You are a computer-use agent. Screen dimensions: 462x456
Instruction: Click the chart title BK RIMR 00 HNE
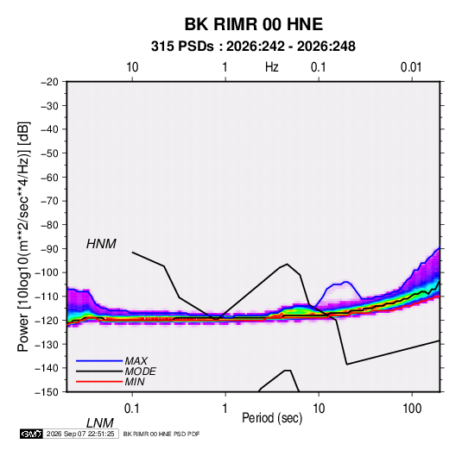pyautogui.click(x=253, y=24)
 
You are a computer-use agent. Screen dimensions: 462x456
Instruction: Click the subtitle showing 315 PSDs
pyautogui.click(x=253, y=47)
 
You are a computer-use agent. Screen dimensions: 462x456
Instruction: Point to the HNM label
pyautogui.click(x=101, y=244)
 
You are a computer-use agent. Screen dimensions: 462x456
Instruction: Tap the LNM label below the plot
pyautogui.click(x=99, y=423)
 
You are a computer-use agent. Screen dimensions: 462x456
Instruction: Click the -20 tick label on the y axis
pyautogui.click(x=49, y=82)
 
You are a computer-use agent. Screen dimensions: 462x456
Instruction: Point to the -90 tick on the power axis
pyautogui.click(x=49, y=248)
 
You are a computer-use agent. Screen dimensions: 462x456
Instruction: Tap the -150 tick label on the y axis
pyautogui.click(x=47, y=392)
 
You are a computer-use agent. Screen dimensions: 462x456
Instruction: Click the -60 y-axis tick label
pyautogui.click(x=49, y=177)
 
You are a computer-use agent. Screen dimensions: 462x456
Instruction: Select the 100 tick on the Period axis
pyautogui.click(x=412, y=409)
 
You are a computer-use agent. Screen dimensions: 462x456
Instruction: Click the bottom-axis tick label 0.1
pyautogui.click(x=132, y=409)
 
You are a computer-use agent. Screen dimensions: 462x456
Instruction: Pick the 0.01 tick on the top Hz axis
pyautogui.click(x=411, y=67)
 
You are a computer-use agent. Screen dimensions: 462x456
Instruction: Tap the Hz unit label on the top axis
pyautogui.click(x=272, y=67)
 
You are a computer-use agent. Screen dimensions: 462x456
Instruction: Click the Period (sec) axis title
pyautogui.click(x=272, y=418)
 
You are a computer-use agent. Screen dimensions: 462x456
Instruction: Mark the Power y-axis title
pyautogui.click(x=23, y=237)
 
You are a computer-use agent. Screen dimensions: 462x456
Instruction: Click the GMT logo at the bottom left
pyautogui.click(x=31, y=434)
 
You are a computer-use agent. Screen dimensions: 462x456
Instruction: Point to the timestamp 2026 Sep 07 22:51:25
pyautogui.click(x=80, y=434)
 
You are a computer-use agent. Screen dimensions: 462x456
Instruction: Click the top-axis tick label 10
pyautogui.click(x=132, y=67)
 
